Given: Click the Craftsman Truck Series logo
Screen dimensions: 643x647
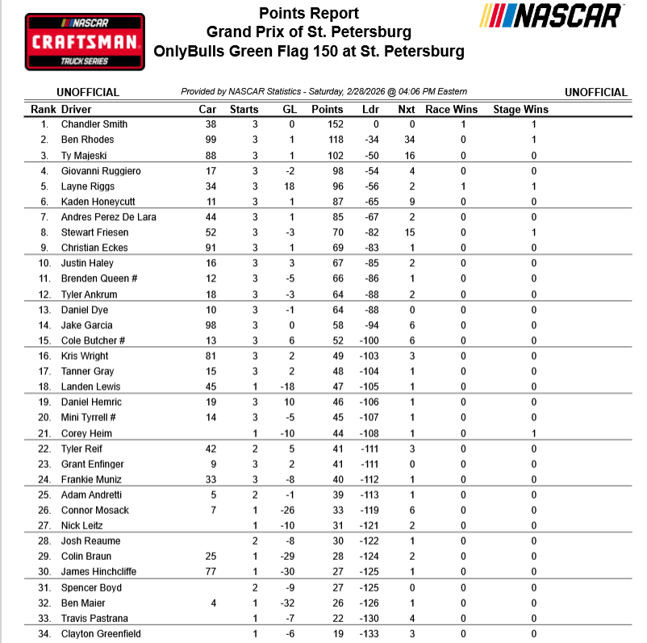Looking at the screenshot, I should (x=85, y=41).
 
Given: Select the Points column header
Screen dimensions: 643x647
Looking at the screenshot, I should (x=327, y=109).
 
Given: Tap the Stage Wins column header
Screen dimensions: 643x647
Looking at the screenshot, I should (x=520, y=109).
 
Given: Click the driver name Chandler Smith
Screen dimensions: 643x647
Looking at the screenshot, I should (x=94, y=124).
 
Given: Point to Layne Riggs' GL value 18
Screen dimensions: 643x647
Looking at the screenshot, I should (x=289, y=186).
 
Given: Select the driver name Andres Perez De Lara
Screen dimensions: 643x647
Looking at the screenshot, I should (x=109, y=217).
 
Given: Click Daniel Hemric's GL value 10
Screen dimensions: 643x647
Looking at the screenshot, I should (x=289, y=403).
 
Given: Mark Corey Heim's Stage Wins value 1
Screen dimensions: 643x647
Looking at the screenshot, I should (x=534, y=433).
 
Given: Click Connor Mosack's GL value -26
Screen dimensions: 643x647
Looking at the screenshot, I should (x=289, y=511).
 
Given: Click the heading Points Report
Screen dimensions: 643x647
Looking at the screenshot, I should (x=309, y=14).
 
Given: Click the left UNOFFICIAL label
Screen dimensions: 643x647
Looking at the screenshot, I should (x=88, y=93).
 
